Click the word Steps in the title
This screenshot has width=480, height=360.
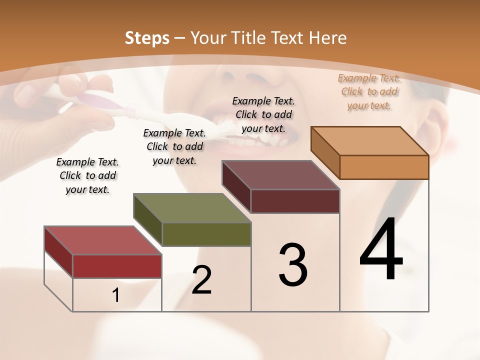(147, 38)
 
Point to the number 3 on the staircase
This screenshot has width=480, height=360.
(293, 265)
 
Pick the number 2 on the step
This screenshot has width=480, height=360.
(202, 280)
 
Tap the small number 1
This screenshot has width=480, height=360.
(116, 295)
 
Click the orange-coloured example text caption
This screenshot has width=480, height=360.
(369, 91)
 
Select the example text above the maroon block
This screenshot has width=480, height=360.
(263, 114)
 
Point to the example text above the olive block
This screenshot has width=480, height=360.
(174, 146)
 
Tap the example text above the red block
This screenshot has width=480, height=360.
(87, 175)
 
